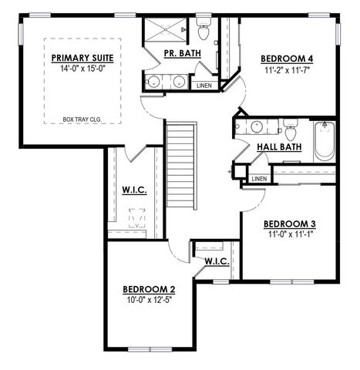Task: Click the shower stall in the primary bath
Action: pos(163,30)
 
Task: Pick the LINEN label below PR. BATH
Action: pos(204,86)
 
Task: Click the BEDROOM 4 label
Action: pos(286,59)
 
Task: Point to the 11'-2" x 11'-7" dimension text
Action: pos(286,69)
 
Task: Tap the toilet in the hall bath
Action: pos(290,127)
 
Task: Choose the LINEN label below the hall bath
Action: pos(258,179)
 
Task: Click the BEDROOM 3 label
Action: pos(290,224)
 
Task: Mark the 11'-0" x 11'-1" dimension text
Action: pos(290,235)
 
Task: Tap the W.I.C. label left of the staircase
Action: pos(134,190)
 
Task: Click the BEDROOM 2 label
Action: pos(150,290)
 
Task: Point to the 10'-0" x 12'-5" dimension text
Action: pos(150,301)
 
